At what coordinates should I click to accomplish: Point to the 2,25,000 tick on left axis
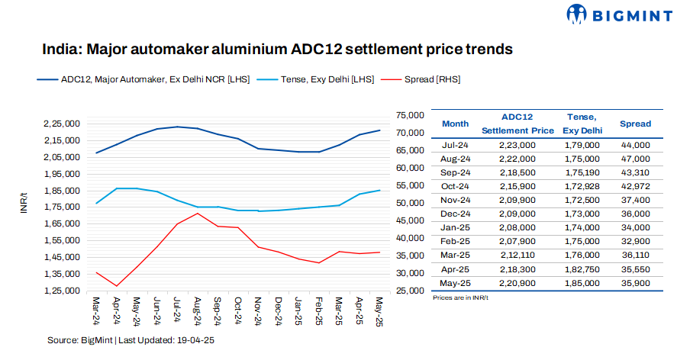(x=62, y=124)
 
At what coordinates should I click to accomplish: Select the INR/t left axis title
(x=24, y=205)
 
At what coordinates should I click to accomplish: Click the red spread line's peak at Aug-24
(x=198, y=214)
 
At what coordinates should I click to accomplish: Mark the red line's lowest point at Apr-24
(x=116, y=286)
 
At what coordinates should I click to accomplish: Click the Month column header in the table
(x=456, y=124)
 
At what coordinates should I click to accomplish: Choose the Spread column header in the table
(x=635, y=124)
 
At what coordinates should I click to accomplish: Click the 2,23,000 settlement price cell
(x=517, y=144)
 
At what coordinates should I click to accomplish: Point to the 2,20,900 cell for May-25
(x=517, y=282)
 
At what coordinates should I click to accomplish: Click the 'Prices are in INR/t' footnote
(x=459, y=297)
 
